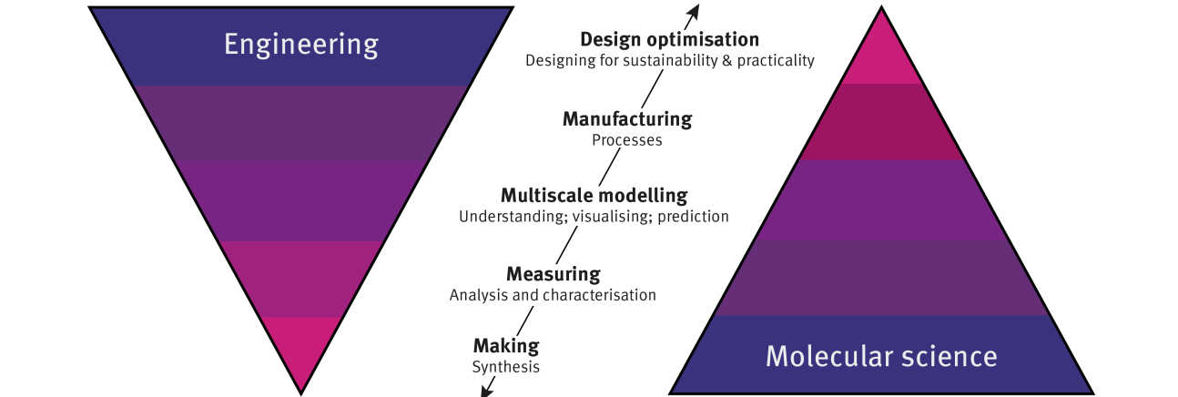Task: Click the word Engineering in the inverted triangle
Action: pyautogui.click(x=300, y=45)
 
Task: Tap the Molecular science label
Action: pyautogui.click(x=880, y=354)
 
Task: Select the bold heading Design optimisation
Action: pyautogui.click(x=669, y=40)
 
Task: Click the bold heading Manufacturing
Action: pyautogui.click(x=626, y=119)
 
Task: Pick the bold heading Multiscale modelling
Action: pyautogui.click(x=594, y=196)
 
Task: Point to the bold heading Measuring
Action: pyautogui.click(x=553, y=274)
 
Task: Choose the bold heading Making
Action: pyautogui.click(x=505, y=346)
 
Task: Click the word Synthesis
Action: pyautogui.click(x=505, y=367)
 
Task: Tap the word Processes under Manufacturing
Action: pyautogui.click(x=626, y=140)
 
